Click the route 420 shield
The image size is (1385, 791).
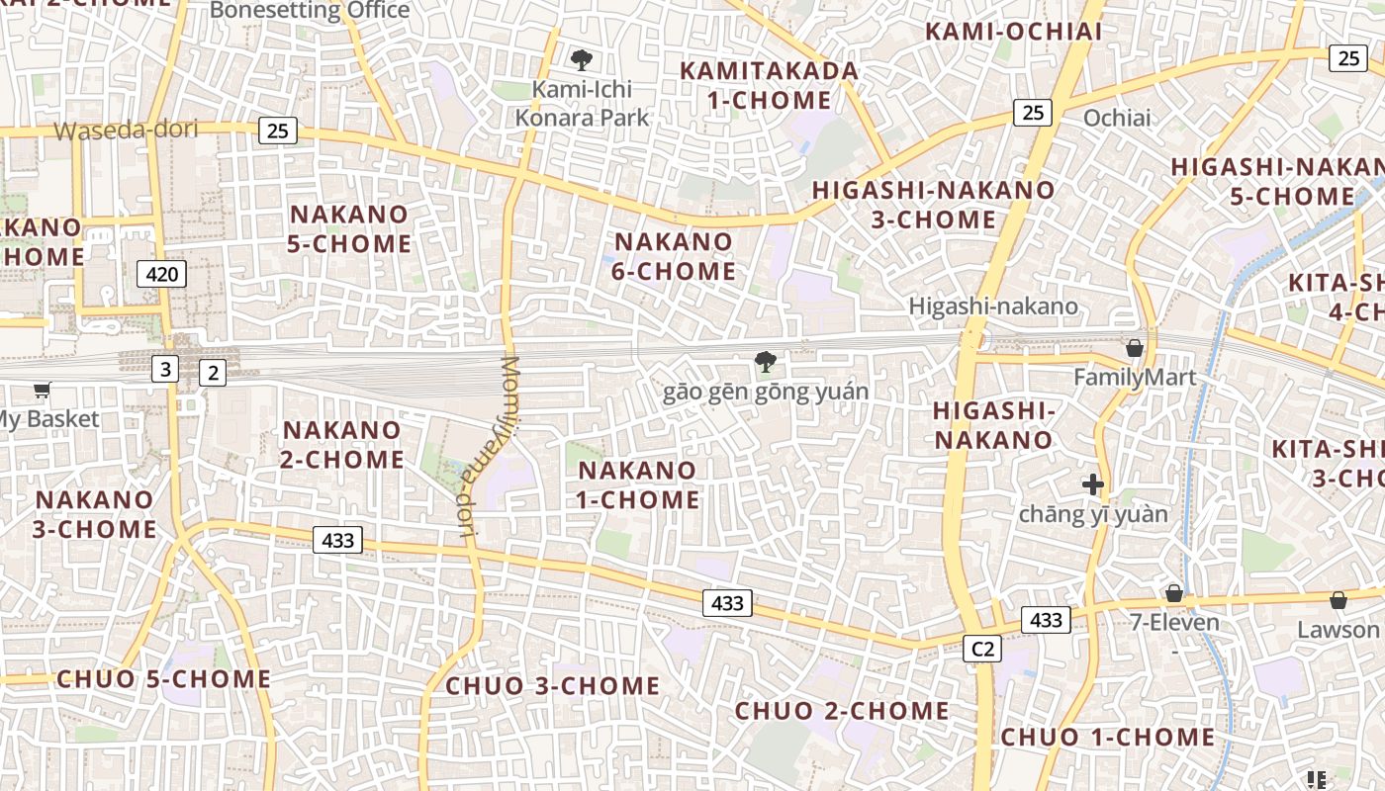161,274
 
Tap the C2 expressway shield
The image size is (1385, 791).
982,649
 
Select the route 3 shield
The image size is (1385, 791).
164,370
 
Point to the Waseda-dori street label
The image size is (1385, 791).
126,130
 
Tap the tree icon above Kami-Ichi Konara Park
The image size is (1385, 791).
582,60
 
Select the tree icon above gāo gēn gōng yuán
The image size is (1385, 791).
765,362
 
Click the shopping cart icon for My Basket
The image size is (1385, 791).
42,391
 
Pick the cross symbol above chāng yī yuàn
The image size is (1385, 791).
1093,484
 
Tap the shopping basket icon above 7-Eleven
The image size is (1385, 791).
1174,593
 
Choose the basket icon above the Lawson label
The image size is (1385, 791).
1338,600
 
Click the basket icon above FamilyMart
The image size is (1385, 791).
1135,348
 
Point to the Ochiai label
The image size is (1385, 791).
1117,118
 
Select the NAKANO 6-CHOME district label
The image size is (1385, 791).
675,256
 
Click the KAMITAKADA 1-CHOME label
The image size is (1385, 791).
769,85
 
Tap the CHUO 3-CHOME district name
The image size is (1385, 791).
552,685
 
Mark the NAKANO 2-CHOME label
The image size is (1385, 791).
343,445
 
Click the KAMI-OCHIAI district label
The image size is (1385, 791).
1013,31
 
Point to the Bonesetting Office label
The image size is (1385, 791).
310,10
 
